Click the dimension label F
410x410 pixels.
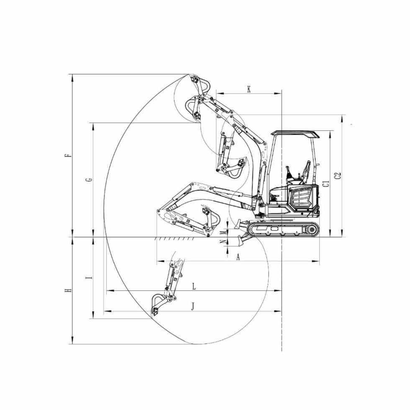click(68, 156)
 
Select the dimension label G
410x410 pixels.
click(89, 180)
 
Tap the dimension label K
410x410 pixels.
click(249, 90)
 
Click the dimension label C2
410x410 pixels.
click(338, 175)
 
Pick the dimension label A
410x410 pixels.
click(238, 257)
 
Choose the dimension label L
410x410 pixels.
click(194, 287)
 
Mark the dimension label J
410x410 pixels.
click(193, 306)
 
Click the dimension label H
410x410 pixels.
click(68, 290)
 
